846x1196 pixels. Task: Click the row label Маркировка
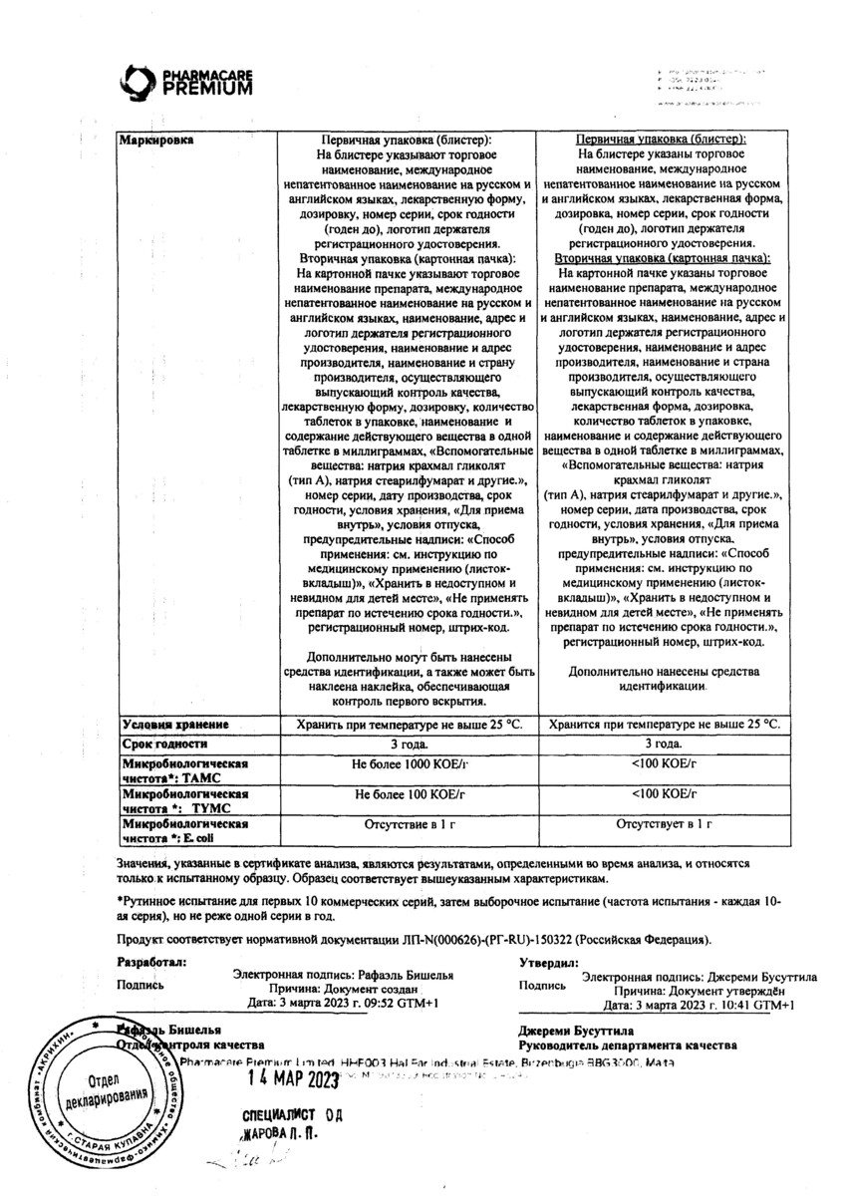coord(156,141)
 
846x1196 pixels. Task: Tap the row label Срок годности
coord(164,744)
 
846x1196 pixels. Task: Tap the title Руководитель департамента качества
coord(627,1045)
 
